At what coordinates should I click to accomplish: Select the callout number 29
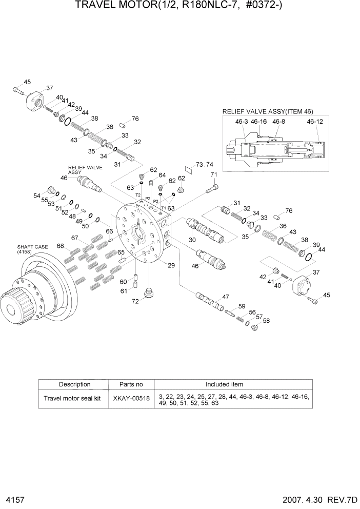171,265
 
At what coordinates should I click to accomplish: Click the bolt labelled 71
210,190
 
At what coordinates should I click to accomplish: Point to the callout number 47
225,297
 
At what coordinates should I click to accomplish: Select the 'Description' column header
75,384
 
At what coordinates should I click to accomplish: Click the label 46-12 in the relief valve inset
315,122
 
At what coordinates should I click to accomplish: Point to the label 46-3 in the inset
241,122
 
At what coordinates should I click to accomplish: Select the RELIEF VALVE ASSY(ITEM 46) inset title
267,111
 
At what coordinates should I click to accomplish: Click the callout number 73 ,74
205,165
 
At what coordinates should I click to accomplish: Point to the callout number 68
61,246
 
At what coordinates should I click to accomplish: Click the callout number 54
37,195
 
